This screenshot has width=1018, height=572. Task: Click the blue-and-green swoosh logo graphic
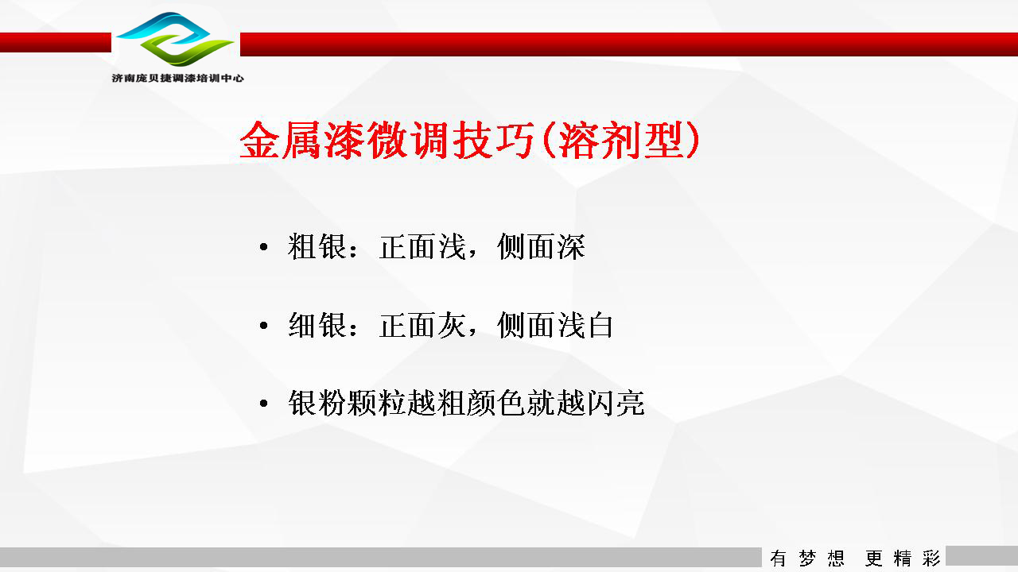click(175, 39)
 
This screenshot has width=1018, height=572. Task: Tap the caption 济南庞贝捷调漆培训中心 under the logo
click(177, 78)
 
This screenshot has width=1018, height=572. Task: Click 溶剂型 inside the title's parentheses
click(621, 141)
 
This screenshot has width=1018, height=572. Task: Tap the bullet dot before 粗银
click(263, 247)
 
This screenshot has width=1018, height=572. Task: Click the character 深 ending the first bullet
click(571, 247)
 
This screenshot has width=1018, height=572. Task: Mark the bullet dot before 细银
click(263, 325)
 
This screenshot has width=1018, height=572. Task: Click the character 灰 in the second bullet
click(451, 325)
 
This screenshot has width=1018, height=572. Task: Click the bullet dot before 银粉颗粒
click(263, 403)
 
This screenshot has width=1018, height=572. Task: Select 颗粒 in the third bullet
click(377, 403)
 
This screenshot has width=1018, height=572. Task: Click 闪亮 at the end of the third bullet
click(616, 403)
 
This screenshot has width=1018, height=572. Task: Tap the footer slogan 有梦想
click(807, 558)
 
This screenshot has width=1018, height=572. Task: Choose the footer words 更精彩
click(903, 558)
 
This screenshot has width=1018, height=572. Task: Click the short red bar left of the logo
click(56, 42)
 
